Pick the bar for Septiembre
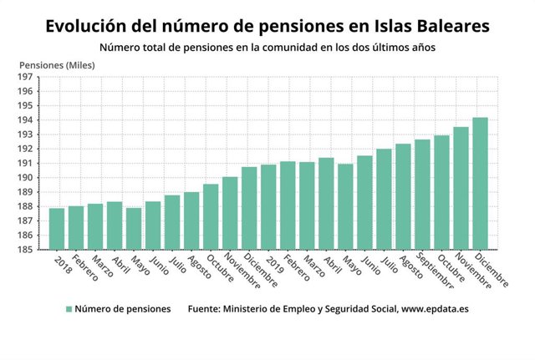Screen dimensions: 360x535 tap(422, 194)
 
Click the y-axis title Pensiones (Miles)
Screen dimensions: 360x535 tap(56, 64)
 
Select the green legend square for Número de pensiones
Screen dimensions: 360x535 tap(69, 309)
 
